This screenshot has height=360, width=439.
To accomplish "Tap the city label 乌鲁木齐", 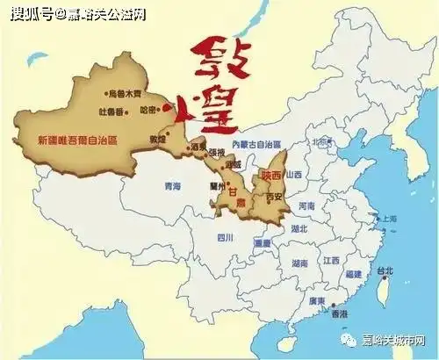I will (124, 92).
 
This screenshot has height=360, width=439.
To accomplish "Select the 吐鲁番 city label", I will (114, 110).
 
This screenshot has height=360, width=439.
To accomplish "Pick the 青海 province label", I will (172, 186).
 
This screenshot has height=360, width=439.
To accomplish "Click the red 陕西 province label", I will (271, 175).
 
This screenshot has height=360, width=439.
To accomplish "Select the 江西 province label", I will (330, 260).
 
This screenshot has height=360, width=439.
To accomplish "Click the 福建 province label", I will (355, 275).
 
